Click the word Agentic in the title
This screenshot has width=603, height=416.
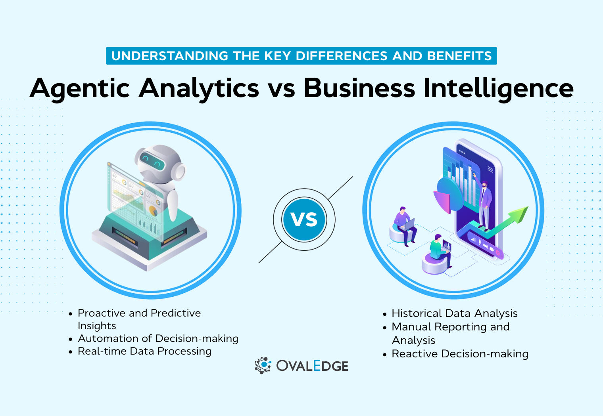(x=80, y=88)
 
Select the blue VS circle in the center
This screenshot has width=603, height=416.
(x=304, y=219)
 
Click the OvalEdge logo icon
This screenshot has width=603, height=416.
(x=263, y=365)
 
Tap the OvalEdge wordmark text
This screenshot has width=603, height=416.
(x=312, y=366)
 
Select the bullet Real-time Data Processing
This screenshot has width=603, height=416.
(x=144, y=351)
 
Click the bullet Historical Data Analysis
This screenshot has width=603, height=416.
(x=454, y=313)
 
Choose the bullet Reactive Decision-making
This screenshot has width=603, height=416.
(x=460, y=354)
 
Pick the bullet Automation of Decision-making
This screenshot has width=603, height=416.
(x=158, y=339)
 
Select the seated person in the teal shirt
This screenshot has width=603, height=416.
(x=440, y=250)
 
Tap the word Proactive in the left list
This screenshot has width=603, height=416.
(x=101, y=313)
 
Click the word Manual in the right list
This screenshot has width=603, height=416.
(x=411, y=327)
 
